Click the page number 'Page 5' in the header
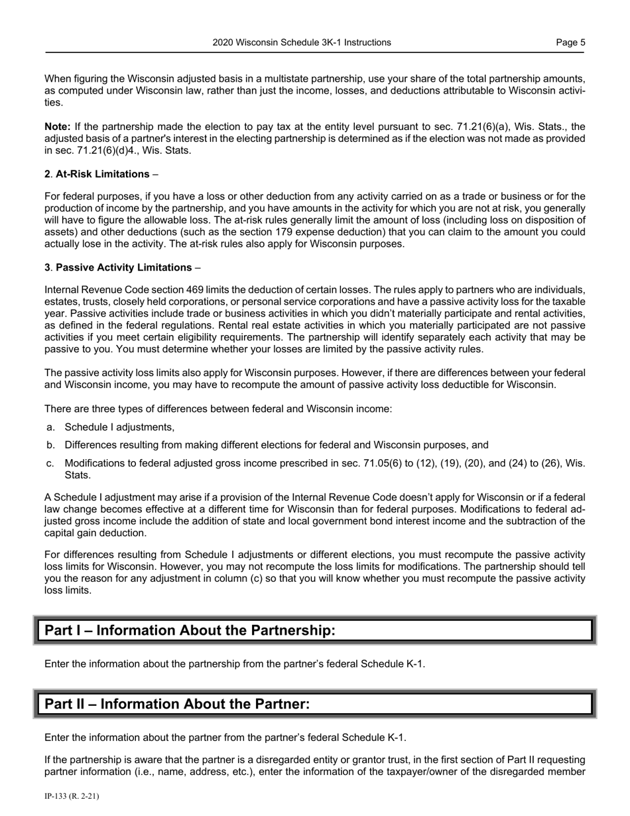tap(570, 42)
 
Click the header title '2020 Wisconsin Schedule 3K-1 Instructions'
tap(302, 42)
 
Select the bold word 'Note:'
tap(58, 127)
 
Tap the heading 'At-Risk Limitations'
tap(103, 174)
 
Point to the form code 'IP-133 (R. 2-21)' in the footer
tap(72, 795)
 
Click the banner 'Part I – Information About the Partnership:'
tap(190, 630)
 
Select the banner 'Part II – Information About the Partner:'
tap(177, 704)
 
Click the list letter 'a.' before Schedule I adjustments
tap(51, 427)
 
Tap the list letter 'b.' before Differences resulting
tap(51, 445)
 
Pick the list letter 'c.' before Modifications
tap(51, 463)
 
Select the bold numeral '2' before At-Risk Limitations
tap(47, 174)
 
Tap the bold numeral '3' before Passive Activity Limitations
tap(47, 267)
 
